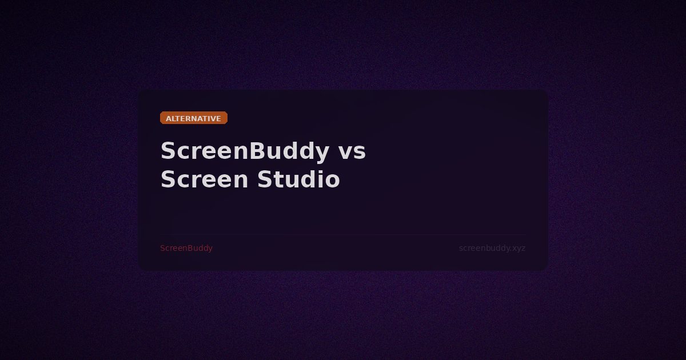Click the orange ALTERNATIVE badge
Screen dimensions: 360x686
coord(194,118)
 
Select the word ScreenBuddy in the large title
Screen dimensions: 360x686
coord(244,152)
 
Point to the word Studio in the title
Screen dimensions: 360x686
coord(298,180)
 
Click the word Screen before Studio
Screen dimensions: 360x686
coord(204,180)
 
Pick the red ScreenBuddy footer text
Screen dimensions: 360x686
coord(186,248)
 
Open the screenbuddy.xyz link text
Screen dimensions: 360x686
coord(492,248)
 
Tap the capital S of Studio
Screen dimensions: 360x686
coord(265,180)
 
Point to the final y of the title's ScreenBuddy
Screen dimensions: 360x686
coord(321,154)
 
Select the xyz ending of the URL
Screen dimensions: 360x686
coord(519,249)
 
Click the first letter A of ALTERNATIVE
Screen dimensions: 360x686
coord(169,119)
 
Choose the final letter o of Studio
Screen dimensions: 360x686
coord(332,182)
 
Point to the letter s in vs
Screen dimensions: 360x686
coord(360,153)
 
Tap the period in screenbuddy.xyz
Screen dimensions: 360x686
coord(511,250)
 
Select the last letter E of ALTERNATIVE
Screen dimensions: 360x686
coord(218,119)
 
